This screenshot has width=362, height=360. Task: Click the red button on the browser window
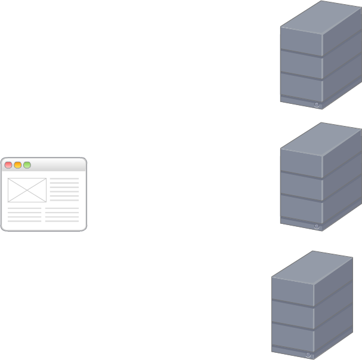coord(8,165)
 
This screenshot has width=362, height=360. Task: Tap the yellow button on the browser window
coord(18,165)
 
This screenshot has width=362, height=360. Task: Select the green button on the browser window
coord(27,165)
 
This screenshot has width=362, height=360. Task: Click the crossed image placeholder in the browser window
coord(27,190)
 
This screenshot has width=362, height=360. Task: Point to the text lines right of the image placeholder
coord(64,189)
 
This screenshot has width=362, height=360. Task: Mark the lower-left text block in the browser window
coord(24,216)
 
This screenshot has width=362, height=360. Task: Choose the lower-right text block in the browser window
coord(62,216)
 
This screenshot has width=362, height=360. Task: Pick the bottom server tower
coord(311,307)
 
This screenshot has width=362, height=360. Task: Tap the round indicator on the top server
coord(316,104)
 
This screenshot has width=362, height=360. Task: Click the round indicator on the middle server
coord(316,227)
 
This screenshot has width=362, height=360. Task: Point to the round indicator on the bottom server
coord(308,355)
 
